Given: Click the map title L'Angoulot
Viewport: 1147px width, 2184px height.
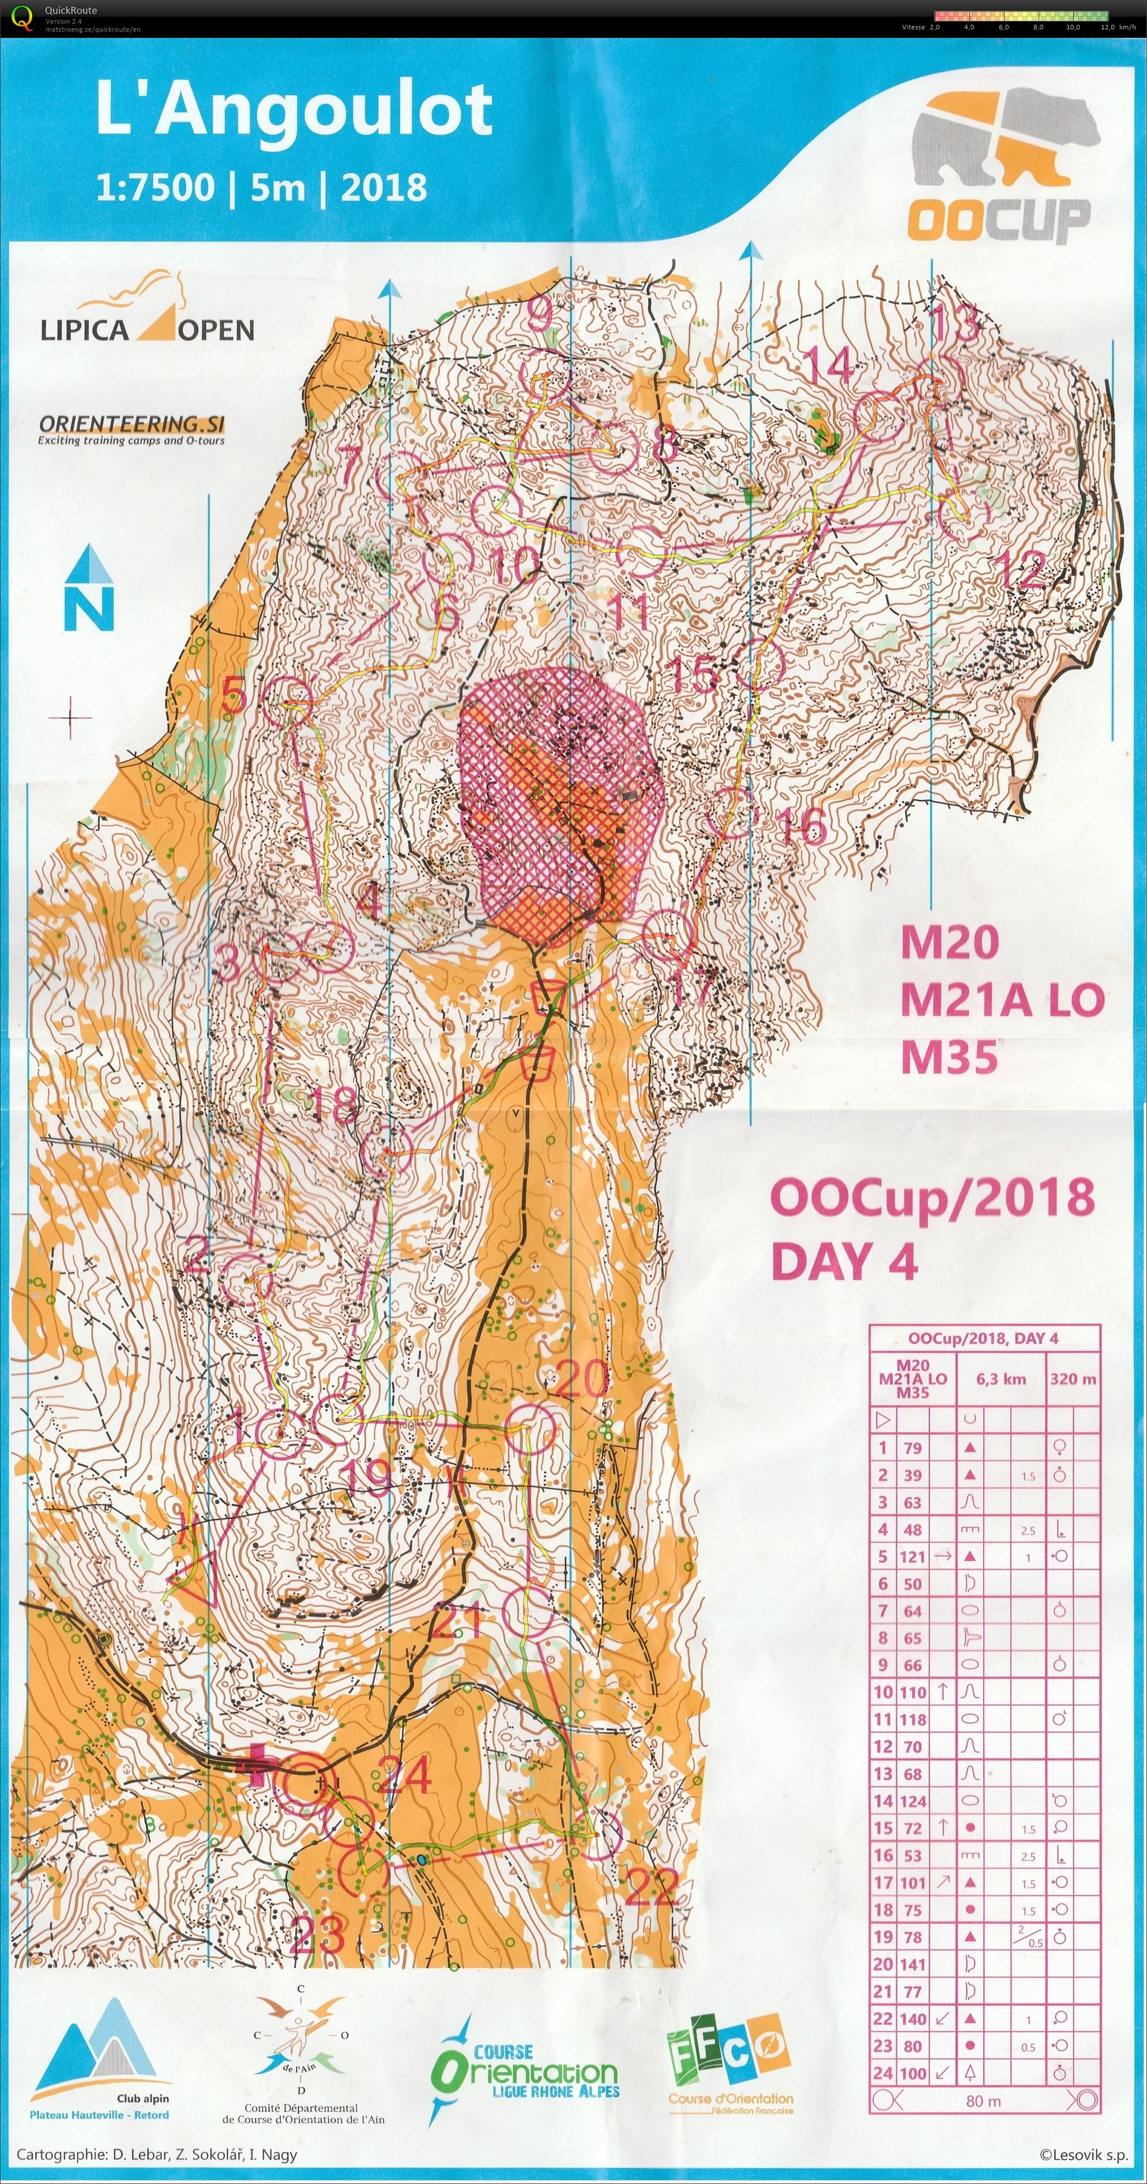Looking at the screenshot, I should pyautogui.click(x=294, y=110).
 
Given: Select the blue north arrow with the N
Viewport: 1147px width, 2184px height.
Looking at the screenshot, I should pyautogui.click(x=89, y=588).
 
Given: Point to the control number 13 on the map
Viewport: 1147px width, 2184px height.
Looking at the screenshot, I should pyautogui.click(x=956, y=323).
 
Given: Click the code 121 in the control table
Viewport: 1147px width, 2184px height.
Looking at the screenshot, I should pyautogui.click(x=912, y=1556).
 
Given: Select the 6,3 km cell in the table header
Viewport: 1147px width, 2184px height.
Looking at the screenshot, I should pyautogui.click(x=1001, y=1379).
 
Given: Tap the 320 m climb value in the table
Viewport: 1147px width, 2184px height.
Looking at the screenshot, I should pyautogui.click(x=1073, y=1379).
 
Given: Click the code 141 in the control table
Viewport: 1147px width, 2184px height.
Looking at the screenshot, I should pyautogui.click(x=912, y=1964).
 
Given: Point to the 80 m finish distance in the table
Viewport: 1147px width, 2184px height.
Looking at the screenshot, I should pyautogui.click(x=983, y=2101).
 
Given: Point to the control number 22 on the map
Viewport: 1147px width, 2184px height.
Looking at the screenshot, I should pyautogui.click(x=651, y=1888).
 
